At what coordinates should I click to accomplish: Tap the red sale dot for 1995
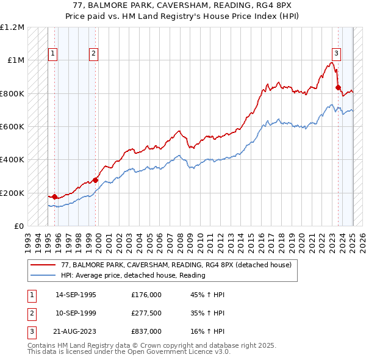coord(55,196)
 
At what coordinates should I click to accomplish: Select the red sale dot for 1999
coord(95,180)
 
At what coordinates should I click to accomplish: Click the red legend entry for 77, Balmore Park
coord(176,265)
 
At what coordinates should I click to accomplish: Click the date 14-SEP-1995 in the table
coord(76,295)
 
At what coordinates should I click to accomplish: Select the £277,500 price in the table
coord(146,313)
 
